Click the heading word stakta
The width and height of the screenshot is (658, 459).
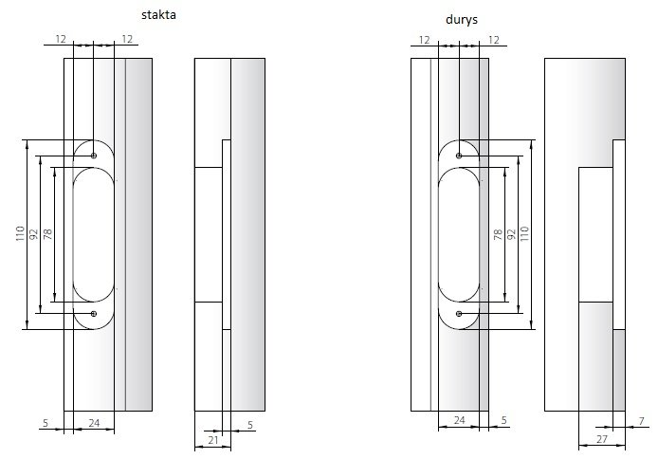158,15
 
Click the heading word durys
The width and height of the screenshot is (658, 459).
462,20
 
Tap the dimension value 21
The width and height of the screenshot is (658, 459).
213,440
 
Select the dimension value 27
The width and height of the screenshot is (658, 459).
602,439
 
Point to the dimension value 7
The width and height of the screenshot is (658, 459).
641,421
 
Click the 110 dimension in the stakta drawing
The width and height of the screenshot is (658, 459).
20,233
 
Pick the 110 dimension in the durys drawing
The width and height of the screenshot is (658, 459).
524,233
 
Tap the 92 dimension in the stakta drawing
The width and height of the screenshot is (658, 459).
34,233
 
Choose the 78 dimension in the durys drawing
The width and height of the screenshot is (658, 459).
498,234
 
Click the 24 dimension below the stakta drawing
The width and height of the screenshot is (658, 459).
94,423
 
